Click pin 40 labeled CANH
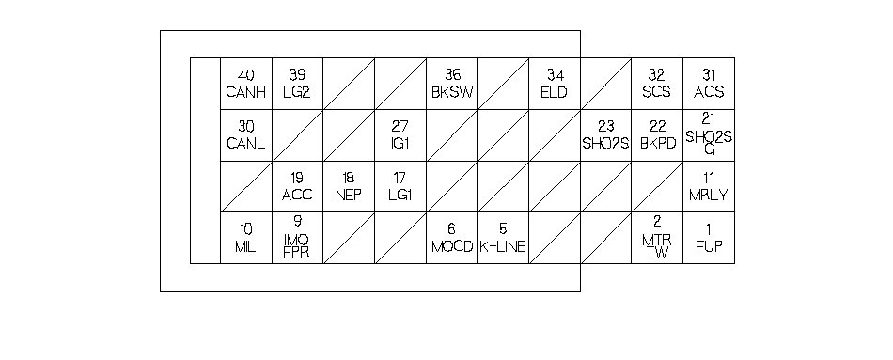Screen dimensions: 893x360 (x=246, y=84)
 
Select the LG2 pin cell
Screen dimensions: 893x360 (x=297, y=84)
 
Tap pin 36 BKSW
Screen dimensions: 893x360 (x=451, y=84)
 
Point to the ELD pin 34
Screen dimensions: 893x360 (x=555, y=84)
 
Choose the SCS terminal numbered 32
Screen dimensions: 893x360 (x=657, y=84)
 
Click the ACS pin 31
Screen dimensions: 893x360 (x=709, y=84)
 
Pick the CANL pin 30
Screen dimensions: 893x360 (x=246, y=135)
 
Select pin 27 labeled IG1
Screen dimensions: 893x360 (x=400, y=135)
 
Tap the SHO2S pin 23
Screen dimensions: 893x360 (x=605, y=135)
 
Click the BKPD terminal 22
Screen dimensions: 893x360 (x=657, y=135)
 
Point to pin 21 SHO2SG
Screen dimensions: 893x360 (x=709, y=135)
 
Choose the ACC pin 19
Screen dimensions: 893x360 (x=297, y=187)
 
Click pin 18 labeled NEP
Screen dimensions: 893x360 (x=349, y=187)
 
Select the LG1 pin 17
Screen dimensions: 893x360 (x=400, y=187)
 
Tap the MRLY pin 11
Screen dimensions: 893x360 (x=709, y=187)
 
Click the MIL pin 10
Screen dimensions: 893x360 (x=246, y=238)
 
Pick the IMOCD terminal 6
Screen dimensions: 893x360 (x=451, y=238)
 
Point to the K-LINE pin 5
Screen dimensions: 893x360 (x=503, y=238)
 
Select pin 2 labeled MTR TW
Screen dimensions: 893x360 (x=657, y=238)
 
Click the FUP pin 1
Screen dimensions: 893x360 (x=709, y=238)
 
